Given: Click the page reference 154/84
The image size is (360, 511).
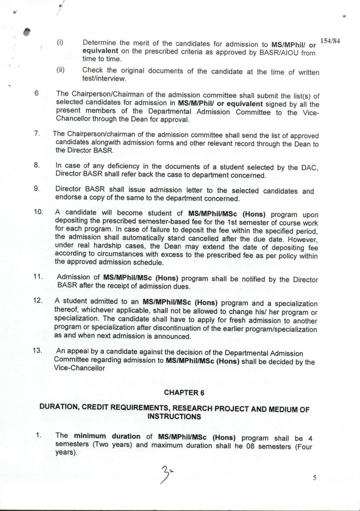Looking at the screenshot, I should [330, 41].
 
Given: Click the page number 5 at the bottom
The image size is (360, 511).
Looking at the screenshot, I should [314, 478].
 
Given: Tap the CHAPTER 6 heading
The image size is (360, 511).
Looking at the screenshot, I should [184, 393].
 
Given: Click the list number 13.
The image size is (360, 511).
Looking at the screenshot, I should [37, 350].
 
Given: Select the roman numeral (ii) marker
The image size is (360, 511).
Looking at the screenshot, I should [60, 70].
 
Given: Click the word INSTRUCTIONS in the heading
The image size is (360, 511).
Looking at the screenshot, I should [174, 416].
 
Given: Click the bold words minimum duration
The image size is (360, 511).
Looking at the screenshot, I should [107, 436].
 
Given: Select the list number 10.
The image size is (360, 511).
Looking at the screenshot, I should [38, 212].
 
